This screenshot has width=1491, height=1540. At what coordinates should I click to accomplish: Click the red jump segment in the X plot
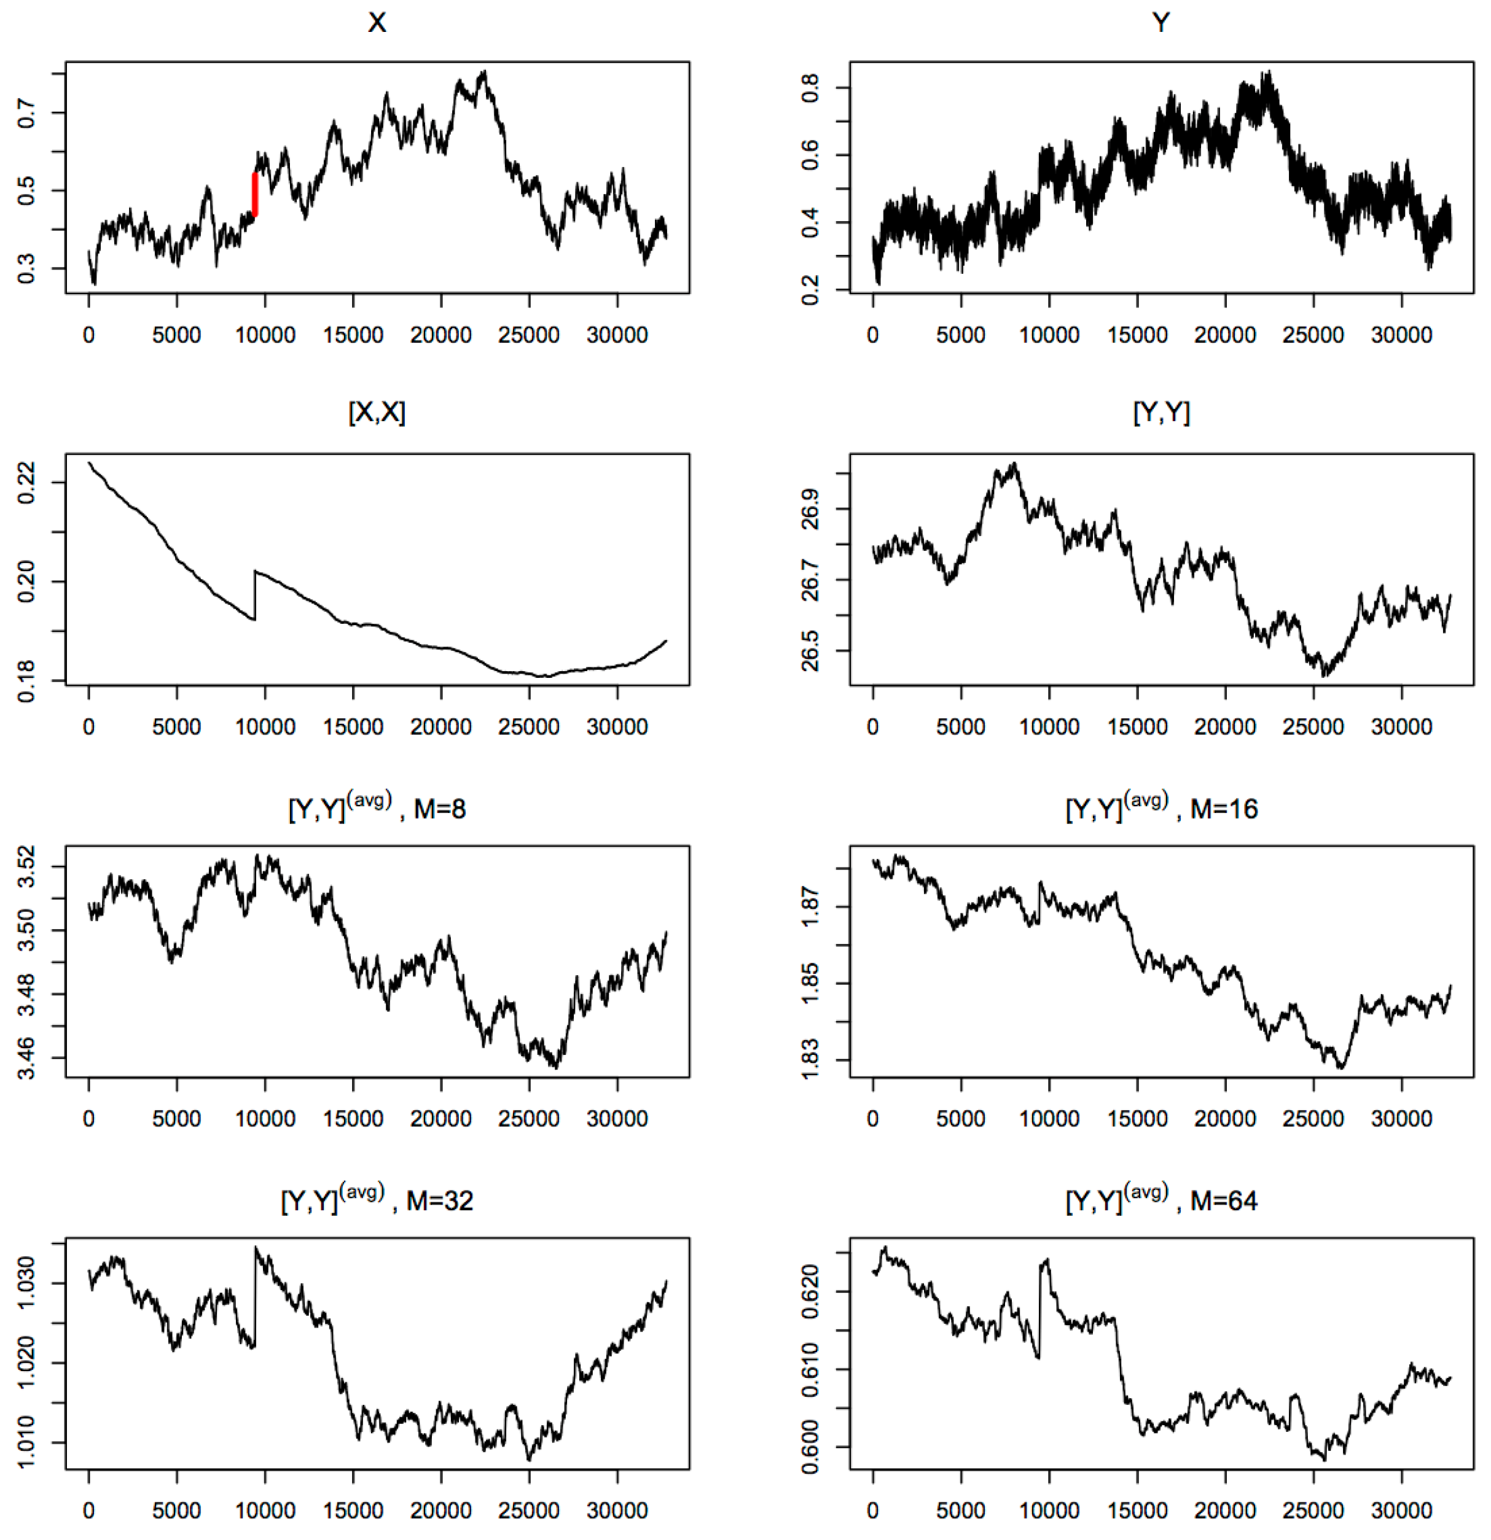coord(255,194)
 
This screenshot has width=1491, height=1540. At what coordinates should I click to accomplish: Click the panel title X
coord(377,23)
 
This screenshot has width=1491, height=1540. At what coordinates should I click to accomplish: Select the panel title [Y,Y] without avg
coord(1161,413)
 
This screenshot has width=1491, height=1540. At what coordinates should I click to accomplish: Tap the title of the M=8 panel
coord(377,807)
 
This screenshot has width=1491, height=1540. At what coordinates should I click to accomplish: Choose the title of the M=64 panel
coord(1161,1200)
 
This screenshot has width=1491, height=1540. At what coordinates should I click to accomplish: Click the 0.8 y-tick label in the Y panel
coord(810,87)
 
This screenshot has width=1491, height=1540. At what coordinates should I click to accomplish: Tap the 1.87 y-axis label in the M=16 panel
coord(810,907)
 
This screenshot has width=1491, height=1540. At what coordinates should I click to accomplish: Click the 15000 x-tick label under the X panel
coord(353,335)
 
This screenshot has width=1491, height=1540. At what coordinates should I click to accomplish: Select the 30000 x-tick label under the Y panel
coord(1401,335)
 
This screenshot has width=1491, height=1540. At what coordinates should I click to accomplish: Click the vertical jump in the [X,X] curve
coord(255,595)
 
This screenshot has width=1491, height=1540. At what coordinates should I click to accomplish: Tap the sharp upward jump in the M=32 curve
coord(255,1296)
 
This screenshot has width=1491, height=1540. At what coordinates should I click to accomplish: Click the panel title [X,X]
coord(377,413)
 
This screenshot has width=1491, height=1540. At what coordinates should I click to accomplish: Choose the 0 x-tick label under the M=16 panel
coord(872,1119)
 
